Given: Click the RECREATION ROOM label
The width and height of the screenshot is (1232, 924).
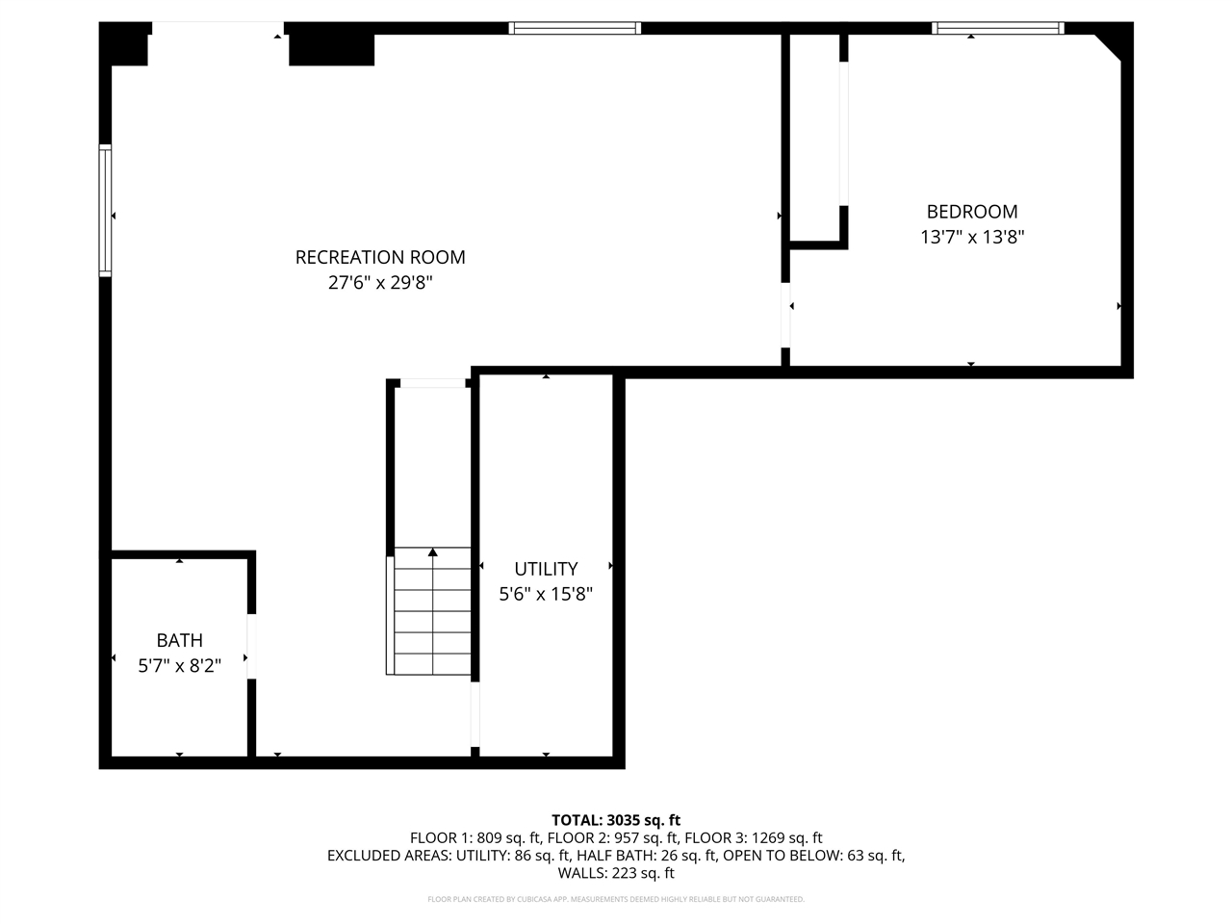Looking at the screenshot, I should pos(380,257).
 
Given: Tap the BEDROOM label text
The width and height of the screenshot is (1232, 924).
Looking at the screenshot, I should pos(971,212).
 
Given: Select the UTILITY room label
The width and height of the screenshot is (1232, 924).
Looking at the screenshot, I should pos(546,569).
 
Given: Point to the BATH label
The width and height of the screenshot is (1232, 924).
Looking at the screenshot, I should pos(180,640).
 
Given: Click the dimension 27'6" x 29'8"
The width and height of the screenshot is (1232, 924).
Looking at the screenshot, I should pos(380,283).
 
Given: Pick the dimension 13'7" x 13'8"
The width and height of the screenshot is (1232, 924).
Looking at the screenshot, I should pos(971,237).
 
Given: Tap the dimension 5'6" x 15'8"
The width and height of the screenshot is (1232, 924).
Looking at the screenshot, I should pos(546,595).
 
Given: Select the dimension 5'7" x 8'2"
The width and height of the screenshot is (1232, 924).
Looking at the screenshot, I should pos(180,665).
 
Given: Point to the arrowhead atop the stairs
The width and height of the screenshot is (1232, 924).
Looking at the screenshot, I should pos(433,552).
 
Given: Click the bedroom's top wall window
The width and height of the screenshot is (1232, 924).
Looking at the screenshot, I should pos(999,28).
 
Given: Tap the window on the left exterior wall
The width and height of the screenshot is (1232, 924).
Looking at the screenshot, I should pos(105,211).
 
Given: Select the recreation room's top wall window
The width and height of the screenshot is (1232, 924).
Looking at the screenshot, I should pos(575,28).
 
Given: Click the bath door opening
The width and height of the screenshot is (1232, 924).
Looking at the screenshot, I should pos(251,646).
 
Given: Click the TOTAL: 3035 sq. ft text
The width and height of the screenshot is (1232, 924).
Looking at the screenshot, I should pos(616,820).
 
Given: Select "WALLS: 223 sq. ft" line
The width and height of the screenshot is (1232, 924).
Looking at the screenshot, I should pos(616,874).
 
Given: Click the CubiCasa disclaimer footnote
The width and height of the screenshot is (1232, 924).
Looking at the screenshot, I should pos(616,899).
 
